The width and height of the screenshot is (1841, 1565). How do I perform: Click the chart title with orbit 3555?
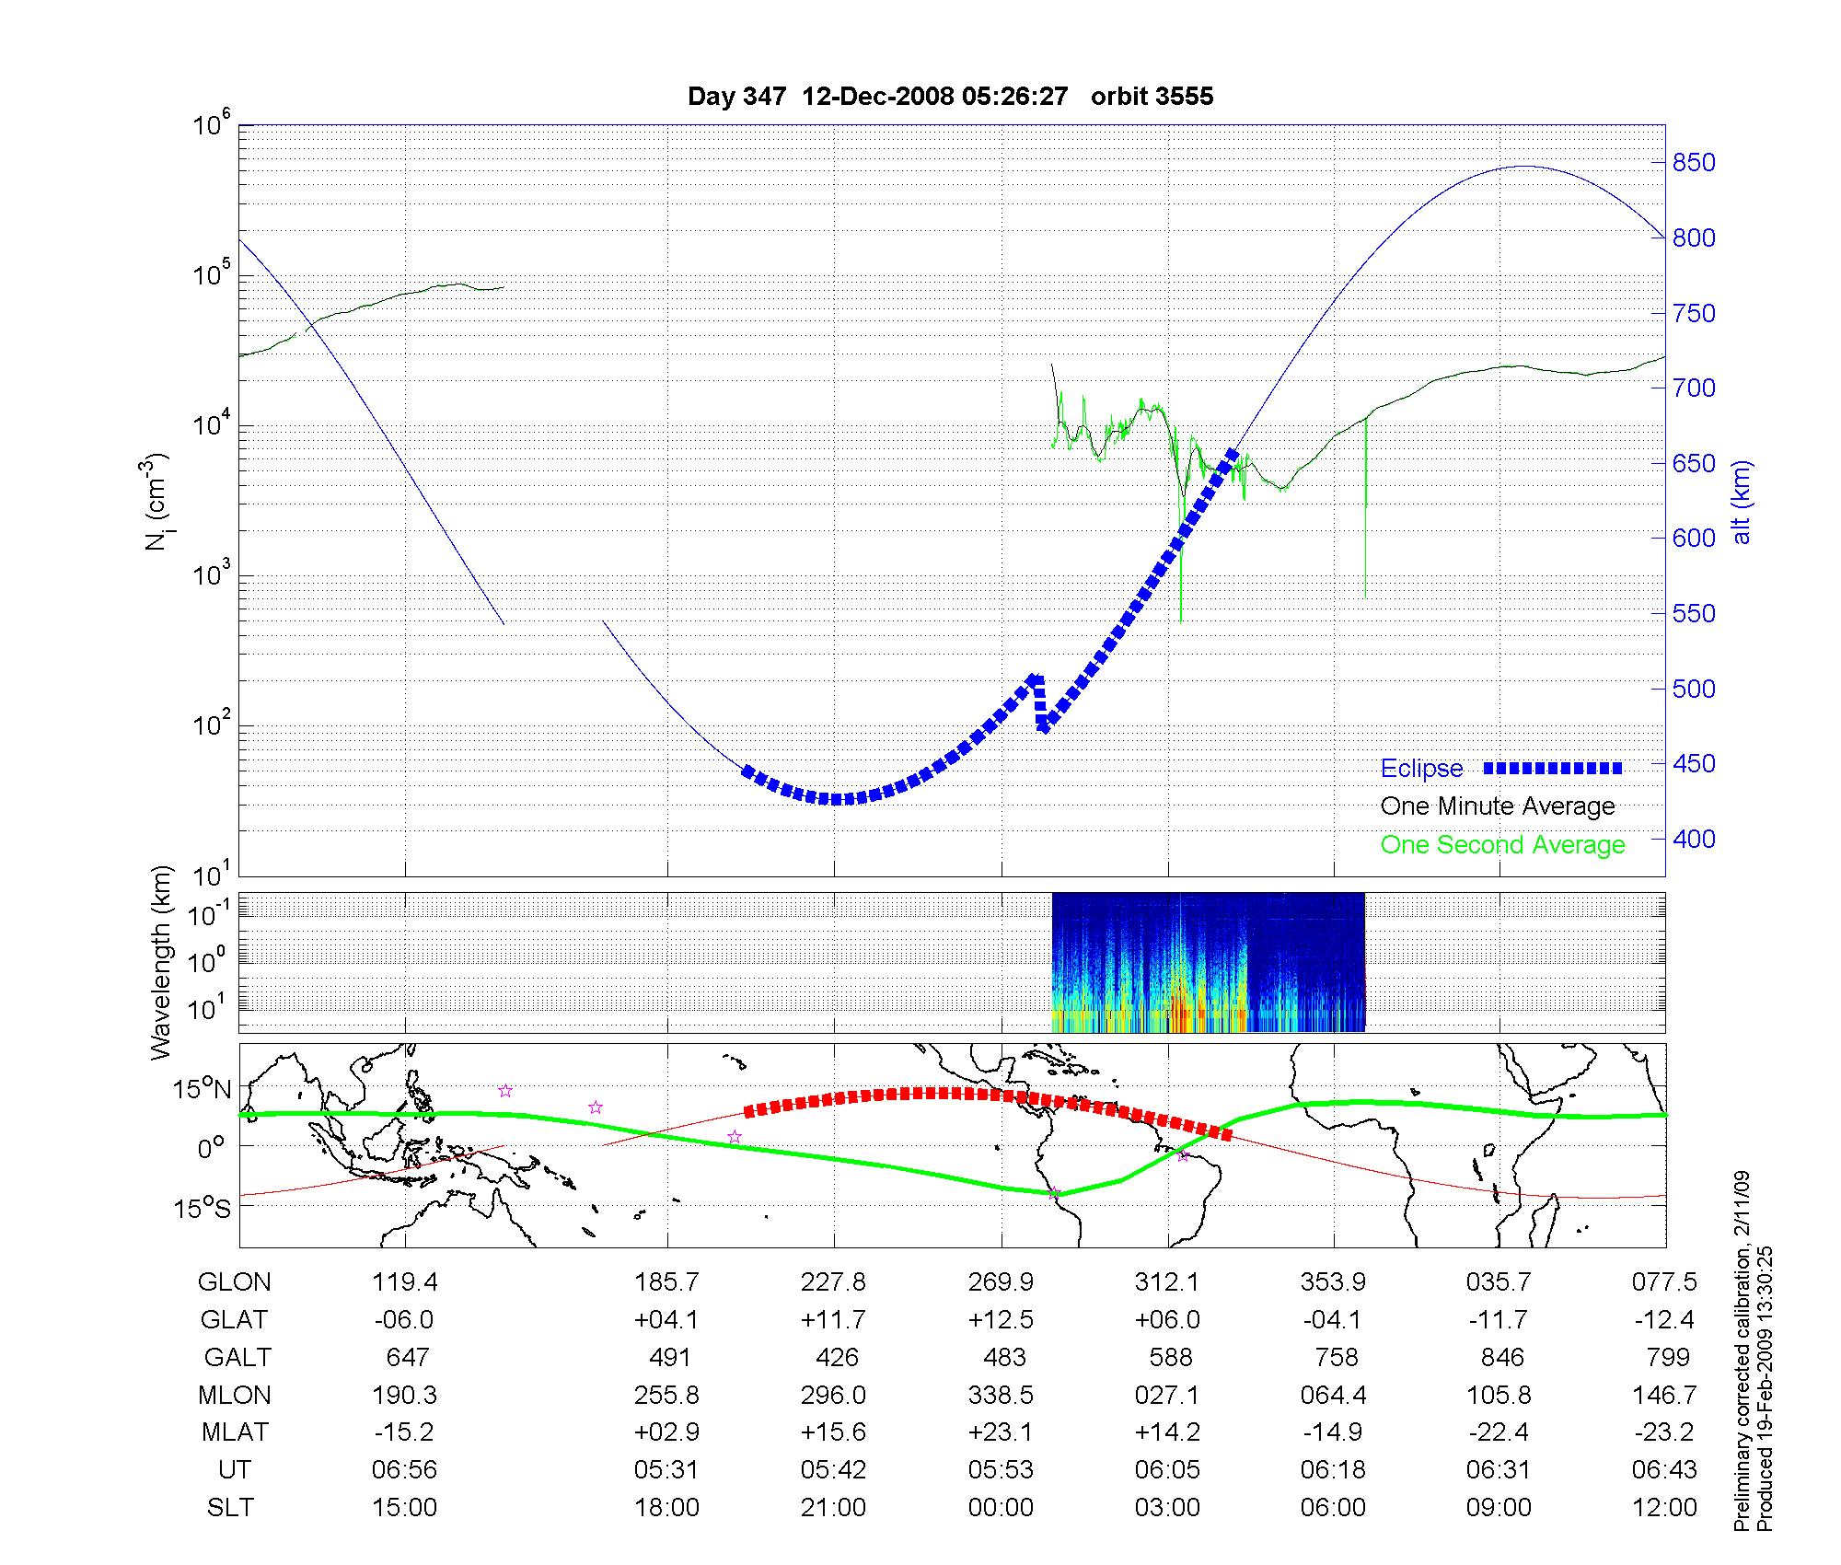[x=950, y=96]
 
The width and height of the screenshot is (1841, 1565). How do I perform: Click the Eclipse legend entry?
[x=1421, y=769]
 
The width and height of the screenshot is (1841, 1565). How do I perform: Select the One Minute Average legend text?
[x=1498, y=806]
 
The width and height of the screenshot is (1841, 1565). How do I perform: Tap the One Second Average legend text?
[x=1502, y=845]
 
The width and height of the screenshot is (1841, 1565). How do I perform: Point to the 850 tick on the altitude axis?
[x=1694, y=163]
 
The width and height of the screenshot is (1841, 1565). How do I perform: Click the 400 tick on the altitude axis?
[x=1694, y=839]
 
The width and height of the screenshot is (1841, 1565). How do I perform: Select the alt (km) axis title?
[x=1742, y=502]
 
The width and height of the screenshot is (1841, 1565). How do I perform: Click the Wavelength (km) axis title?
[x=161, y=962]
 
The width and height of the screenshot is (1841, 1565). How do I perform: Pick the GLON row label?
[x=234, y=1282]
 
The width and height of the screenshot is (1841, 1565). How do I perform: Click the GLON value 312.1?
[x=1166, y=1282]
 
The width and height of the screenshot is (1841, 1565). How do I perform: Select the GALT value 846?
[x=1501, y=1357]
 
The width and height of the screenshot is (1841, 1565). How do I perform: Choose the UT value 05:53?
[x=1001, y=1470]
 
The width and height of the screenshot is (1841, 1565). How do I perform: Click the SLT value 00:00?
[x=1001, y=1508]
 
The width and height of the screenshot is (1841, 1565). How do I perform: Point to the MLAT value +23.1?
[x=1001, y=1432]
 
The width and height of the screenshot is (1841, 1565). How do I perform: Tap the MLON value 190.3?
[x=404, y=1395]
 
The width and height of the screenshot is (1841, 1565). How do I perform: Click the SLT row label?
[x=230, y=1508]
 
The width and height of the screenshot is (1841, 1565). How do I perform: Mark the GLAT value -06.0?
[x=404, y=1320]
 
